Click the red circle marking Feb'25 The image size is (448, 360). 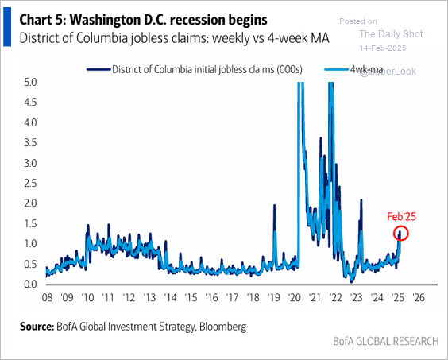coord(401,233)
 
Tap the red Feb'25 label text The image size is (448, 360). coord(402,216)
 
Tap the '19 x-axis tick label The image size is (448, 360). coord(274,300)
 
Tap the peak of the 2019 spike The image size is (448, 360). coord(275,206)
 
